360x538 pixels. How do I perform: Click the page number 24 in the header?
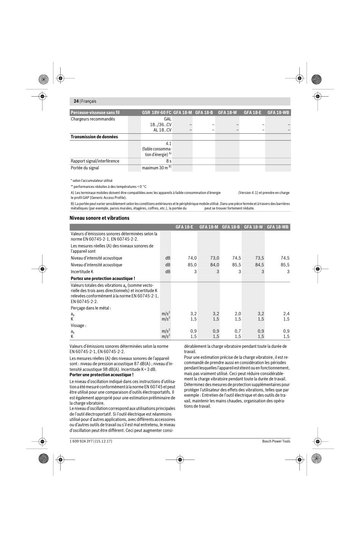coord(76,101)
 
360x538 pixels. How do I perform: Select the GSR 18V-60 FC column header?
coord(157,113)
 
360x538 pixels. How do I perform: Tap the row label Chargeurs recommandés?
coord(93,119)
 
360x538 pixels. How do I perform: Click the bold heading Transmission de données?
coord(94,137)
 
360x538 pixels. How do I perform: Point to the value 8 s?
coord(169,161)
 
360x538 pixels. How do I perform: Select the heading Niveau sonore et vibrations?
coord(99,218)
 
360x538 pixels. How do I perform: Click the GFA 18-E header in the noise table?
coord(184,227)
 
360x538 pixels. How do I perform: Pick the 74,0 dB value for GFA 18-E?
coord(192,258)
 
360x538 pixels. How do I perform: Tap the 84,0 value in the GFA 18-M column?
coord(214,265)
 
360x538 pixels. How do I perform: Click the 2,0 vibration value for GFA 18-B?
coord(238,314)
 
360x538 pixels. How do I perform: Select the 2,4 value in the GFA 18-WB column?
coord(286,314)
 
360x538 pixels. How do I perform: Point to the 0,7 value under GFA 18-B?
coord(238,331)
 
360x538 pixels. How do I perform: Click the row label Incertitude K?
coord(82,272)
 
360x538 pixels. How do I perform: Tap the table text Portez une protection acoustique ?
coord(103,278)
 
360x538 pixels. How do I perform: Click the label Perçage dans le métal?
coord(91,308)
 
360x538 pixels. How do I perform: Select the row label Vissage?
coord(78,325)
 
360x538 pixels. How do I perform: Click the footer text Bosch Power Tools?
coord(276,441)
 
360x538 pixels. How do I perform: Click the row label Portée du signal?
coord(85,168)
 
